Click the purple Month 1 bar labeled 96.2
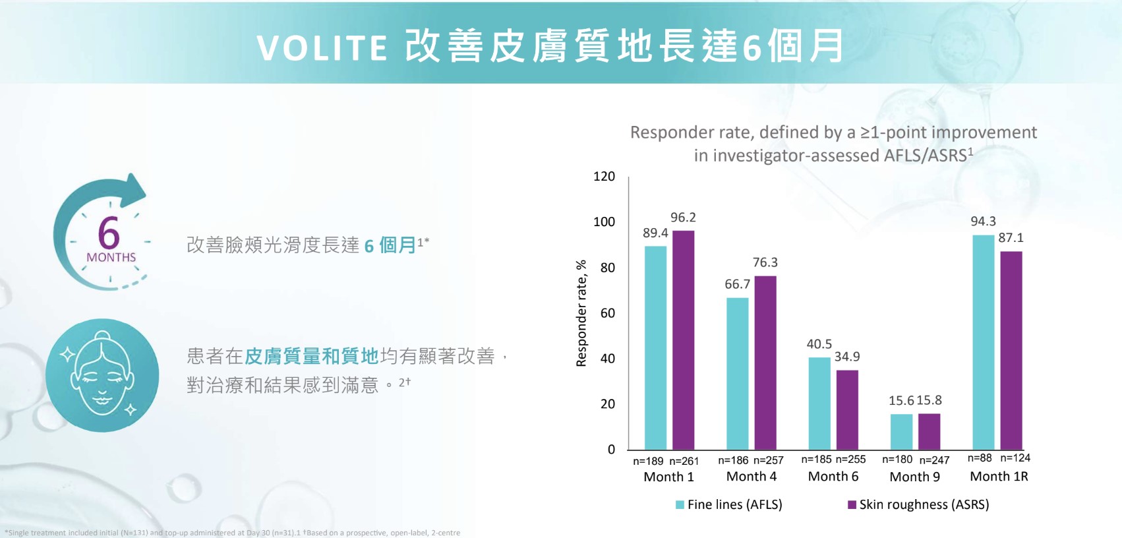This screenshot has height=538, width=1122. point(683,340)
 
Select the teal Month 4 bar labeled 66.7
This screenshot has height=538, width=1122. point(738,373)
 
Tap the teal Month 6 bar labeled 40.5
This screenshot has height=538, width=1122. point(819,403)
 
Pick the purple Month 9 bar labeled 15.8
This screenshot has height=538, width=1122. point(929,431)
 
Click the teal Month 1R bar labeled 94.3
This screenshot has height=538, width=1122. point(983,342)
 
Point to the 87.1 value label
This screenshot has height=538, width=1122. point(1011,238)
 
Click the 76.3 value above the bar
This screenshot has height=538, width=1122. point(765,262)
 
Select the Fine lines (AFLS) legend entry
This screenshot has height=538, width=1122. point(728,505)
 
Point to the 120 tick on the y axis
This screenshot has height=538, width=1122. point(604,177)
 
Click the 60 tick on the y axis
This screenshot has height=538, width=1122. point(607,313)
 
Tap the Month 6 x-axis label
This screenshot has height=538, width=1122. point(833,477)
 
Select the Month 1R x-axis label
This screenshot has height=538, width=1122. point(999,477)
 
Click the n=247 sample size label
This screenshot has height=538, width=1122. point(934,460)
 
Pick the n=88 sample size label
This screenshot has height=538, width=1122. point(980,458)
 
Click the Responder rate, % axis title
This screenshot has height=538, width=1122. point(581,313)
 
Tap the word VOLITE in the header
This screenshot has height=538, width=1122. point(322,48)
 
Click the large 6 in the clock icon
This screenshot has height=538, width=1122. point(109,233)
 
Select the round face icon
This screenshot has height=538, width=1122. point(102,375)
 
